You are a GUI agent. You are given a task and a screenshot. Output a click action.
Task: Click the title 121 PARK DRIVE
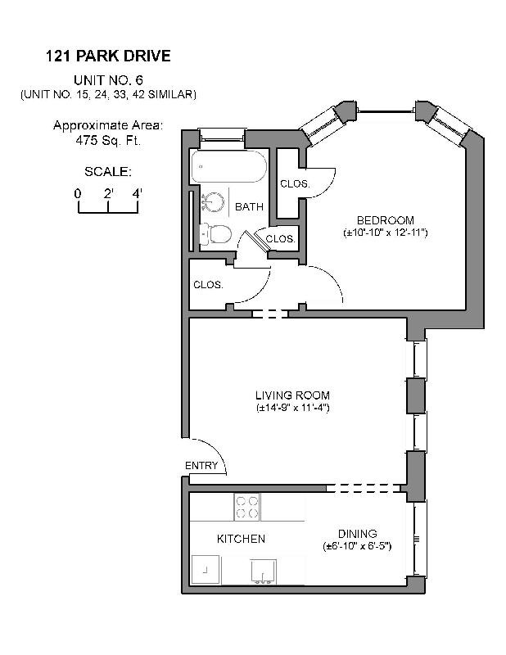(108, 56)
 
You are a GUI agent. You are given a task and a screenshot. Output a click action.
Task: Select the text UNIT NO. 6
(108, 79)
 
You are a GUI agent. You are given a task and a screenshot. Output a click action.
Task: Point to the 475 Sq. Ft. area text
(108, 139)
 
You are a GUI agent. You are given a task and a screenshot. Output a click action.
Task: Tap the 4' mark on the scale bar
(137, 193)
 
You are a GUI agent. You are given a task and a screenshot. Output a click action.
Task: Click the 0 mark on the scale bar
(78, 193)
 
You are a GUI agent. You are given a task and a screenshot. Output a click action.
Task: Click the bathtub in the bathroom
(228, 169)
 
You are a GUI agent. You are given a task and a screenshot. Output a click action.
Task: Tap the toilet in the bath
(215, 234)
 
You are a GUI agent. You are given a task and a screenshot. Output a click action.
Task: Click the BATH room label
(249, 207)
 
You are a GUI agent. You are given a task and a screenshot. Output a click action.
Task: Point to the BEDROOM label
(385, 220)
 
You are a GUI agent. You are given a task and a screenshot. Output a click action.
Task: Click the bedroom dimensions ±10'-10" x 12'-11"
(385, 233)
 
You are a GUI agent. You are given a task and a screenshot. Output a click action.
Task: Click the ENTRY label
(201, 466)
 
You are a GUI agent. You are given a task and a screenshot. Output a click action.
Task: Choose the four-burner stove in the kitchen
(246, 508)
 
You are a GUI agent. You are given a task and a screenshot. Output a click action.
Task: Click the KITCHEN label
(240, 539)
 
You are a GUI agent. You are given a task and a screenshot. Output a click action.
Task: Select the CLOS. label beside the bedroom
(295, 184)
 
